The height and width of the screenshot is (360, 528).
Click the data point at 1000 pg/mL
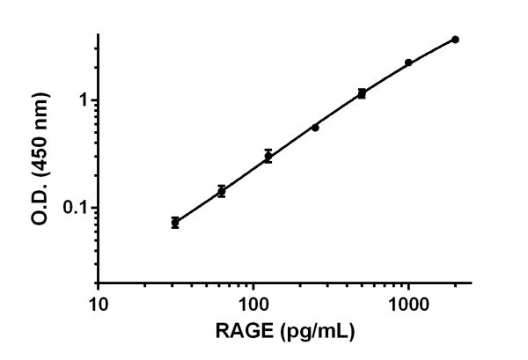(x=408, y=62)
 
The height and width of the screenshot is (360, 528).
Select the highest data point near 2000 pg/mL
(x=455, y=40)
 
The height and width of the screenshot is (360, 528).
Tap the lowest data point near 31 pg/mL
(x=175, y=223)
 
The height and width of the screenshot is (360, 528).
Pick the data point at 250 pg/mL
(x=315, y=127)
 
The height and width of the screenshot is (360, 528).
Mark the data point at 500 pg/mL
(x=362, y=92)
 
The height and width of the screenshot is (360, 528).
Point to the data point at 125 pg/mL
(x=268, y=157)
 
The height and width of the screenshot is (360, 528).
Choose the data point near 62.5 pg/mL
(x=222, y=191)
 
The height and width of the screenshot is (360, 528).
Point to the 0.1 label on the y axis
(x=76, y=209)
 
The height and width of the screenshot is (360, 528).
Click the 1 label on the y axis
(x=84, y=100)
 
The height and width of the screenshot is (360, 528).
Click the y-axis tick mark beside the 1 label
(x=94, y=99)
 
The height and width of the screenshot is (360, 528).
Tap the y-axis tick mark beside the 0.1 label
(x=94, y=208)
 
